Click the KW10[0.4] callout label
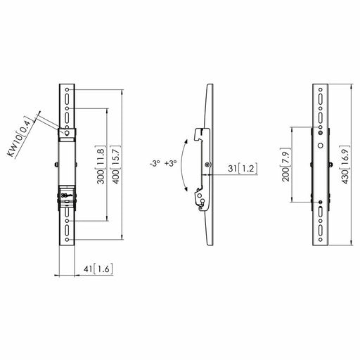pyautogui.click(x=19, y=136)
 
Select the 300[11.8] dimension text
pyautogui.click(x=101, y=165)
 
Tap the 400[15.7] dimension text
pyautogui.click(x=117, y=165)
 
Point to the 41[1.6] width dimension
pyautogui.click(x=98, y=269)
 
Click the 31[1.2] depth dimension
pyautogui.click(x=243, y=169)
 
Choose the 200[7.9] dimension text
pyautogui.click(x=285, y=165)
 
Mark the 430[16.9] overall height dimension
pyautogui.click(x=345, y=165)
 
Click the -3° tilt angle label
pyautogui.click(x=155, y=163)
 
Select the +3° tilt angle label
pyautogui.click(x=170, y=163)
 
